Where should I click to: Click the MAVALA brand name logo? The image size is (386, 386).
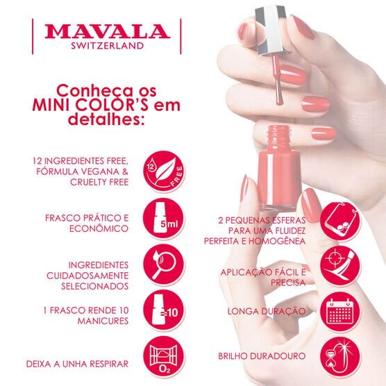coord(107,31)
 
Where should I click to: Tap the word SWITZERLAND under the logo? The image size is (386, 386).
coord(108,46)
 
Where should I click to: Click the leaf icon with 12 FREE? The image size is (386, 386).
coord(164,171)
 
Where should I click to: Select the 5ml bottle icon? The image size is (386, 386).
coord(164,219)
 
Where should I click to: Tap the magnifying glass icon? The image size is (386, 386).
coord(164,265)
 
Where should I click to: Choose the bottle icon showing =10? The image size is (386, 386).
coord(164,310)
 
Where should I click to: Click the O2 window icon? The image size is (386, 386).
coord(164,357)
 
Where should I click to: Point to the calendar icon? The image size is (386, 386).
coord(340,312)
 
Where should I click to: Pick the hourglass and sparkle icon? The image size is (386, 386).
coord(340,357)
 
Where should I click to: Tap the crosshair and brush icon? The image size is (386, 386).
coord(340,265)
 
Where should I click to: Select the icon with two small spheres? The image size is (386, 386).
coord(340,221)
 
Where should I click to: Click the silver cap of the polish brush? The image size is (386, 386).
coord(271,30)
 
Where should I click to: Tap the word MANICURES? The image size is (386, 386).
coord(103,321)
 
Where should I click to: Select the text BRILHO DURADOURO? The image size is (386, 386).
coord(262,356)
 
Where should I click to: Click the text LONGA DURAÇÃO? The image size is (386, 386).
coord(267,311)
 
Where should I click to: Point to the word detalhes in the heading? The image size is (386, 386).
coord(106,119)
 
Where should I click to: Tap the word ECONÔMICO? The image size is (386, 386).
coord(99,228)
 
